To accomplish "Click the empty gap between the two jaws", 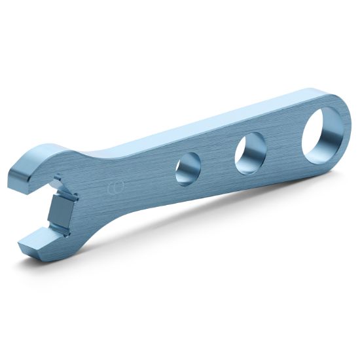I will click(x=36, y=209).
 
